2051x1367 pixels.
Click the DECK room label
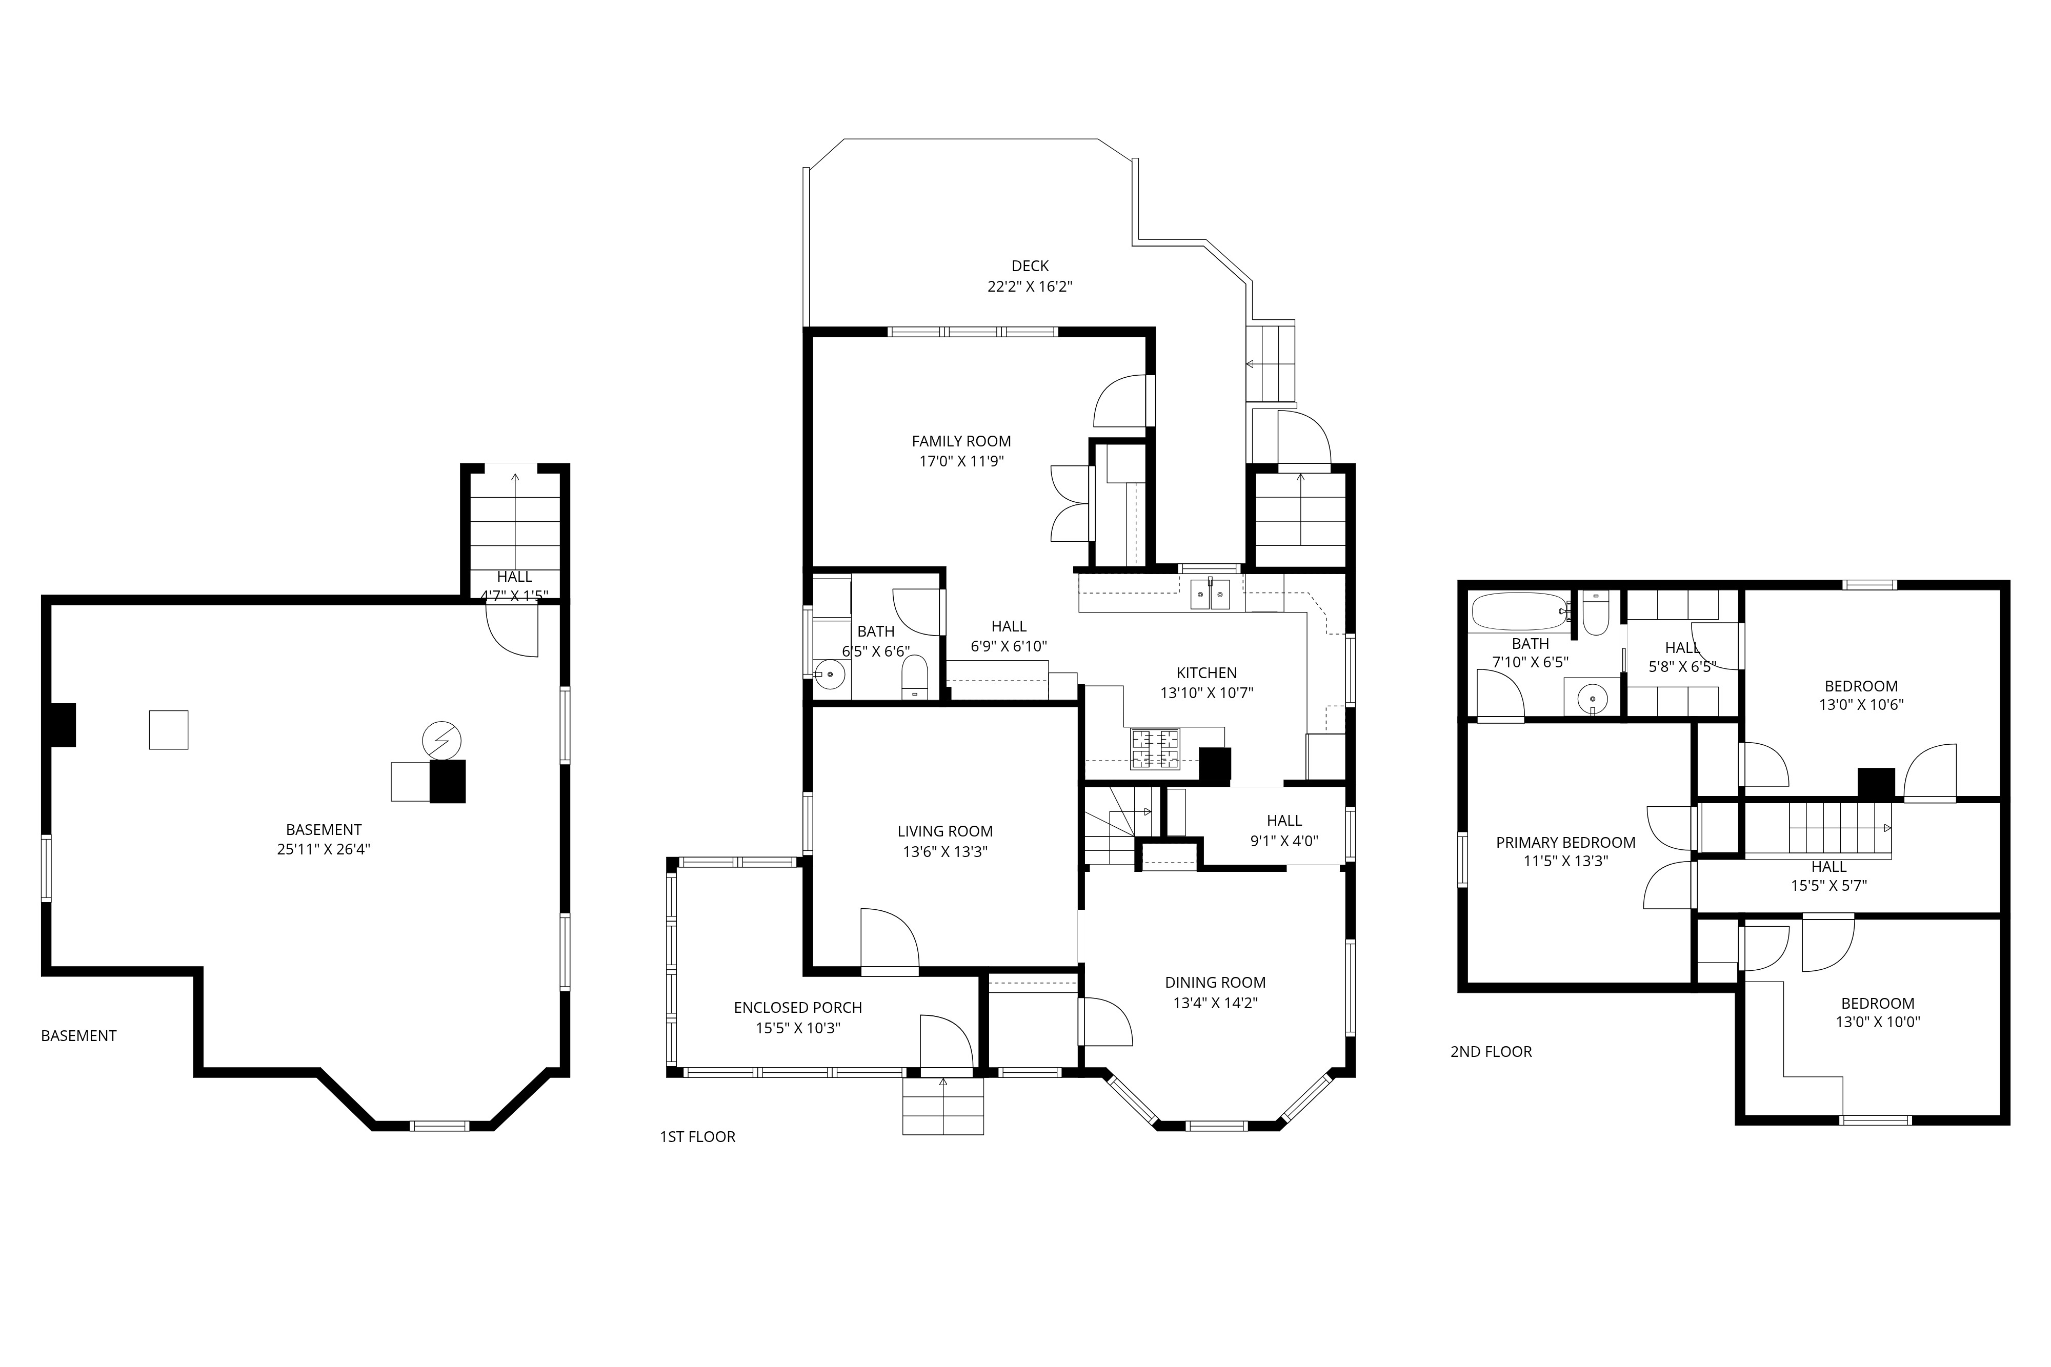[1030, 266]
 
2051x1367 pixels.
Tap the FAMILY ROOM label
[961, 441]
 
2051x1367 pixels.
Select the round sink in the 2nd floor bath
[1592, 698]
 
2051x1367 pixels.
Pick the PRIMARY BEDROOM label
[1565, 842]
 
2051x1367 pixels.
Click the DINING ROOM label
[1215, 983]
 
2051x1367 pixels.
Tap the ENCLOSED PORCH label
[798, 1008]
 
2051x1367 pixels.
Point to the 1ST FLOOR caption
[698, 1137]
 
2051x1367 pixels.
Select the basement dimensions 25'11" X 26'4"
[324, 849]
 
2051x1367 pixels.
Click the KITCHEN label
[1207, 673]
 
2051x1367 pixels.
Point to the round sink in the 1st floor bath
[830, 674]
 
